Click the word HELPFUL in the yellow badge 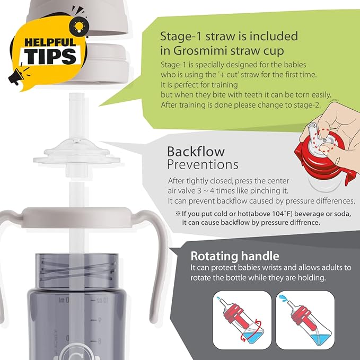tap(50, 42)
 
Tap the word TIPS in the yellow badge tap(50, 56)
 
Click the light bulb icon tap(78, 26)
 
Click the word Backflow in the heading tap(196, 152)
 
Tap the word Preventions tap(203, 164)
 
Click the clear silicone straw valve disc tap(77, 153)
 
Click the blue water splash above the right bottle tap(283, 297)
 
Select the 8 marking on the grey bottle tap(99, 341)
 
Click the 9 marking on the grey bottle tap(100, 320)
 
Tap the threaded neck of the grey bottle tap(77, 271)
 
